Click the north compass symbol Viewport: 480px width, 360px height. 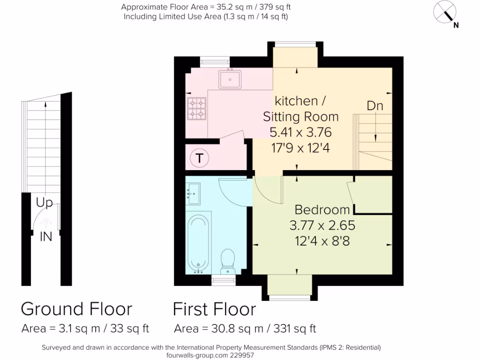(x=446, y=12)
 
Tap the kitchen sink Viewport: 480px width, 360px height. (x=230, y=79)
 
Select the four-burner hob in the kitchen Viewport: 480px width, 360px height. (x=197, y=108)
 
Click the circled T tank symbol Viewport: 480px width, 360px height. (x=199, y=158)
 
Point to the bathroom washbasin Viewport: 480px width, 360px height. (x=193, y=193)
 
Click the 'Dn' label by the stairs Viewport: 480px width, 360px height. (x=375, y=106)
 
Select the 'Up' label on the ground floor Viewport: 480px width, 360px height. (x=45, y=203)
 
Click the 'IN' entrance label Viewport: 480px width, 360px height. (x=45, y=237)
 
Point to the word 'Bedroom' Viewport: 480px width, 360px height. (x=322, y=210)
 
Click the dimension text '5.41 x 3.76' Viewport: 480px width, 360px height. (x=300, y=132)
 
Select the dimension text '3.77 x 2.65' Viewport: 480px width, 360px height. (x=322, y=225)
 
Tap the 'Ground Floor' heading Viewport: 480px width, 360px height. (x=76, y=309)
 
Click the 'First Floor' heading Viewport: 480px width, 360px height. (x=214, y=309)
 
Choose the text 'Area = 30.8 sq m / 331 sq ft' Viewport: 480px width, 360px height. (x=245, y=329)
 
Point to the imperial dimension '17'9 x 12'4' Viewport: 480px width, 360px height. (x=300, y=148)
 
